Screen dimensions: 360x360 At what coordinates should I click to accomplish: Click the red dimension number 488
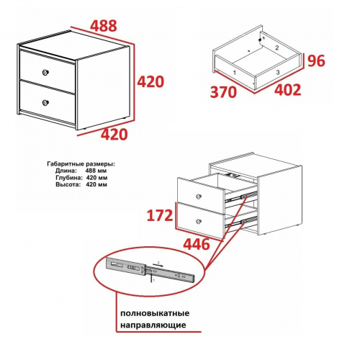[x=104, y=26]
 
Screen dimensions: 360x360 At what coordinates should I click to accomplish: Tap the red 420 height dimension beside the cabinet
[x=150, y=81]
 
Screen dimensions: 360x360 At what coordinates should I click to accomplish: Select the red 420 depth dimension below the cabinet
[x=114, y=135]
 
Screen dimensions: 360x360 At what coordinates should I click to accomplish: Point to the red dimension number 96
[x=316, y=60]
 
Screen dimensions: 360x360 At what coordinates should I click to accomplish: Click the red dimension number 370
[x=223, y=92]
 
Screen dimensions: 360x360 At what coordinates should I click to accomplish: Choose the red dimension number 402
[x=287, y=90]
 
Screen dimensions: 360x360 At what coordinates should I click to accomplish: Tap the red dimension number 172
[x=160, y=215]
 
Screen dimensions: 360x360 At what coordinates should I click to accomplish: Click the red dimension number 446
[x=197, y=244]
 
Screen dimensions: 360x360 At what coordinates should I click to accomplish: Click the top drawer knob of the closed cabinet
[x=45, y=72]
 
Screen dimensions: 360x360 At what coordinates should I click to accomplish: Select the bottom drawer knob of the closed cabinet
[x=45, y=103]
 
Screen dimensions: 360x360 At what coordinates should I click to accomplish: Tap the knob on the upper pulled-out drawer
[x=199, y=197]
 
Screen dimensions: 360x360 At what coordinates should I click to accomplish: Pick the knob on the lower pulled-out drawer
[x=199, y=221]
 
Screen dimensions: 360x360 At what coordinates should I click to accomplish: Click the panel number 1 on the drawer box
[x=235, y=72]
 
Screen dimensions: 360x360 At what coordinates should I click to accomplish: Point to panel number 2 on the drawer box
[x=277, y=48]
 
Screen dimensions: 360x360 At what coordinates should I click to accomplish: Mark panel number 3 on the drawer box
[x=278, y=72]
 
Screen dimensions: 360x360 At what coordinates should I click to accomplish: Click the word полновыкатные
[x=155, y=313]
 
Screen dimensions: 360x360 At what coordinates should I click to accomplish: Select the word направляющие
[x=153, y=325]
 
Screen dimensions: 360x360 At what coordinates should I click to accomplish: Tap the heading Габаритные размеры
[x=81, y=164]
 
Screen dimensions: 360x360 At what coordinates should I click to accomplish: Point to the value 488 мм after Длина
[x=96, y=171]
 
